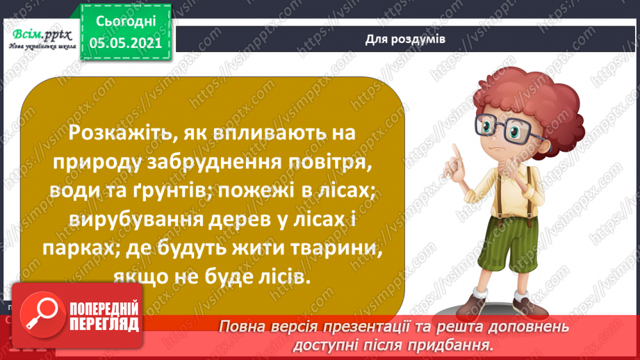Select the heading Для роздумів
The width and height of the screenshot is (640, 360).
pyautogui.click(x=405, y=39)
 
